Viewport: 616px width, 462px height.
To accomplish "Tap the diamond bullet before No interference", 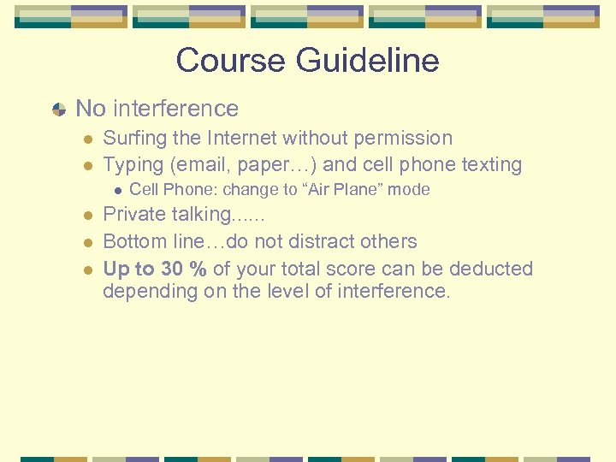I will [x=58, y=110].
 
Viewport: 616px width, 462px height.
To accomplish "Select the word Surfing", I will [x=133, y=138].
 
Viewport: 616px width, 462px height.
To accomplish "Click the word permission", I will [x=406, y=138].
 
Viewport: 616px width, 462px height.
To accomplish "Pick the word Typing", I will [x=131, y=164].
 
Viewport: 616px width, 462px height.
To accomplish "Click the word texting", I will [x=490, y=164].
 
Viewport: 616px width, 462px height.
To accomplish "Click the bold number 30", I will [x=171, y=269].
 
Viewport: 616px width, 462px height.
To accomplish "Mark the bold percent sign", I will [x=198, y=269].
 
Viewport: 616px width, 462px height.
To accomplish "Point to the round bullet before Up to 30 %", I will [x=88, y=269].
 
